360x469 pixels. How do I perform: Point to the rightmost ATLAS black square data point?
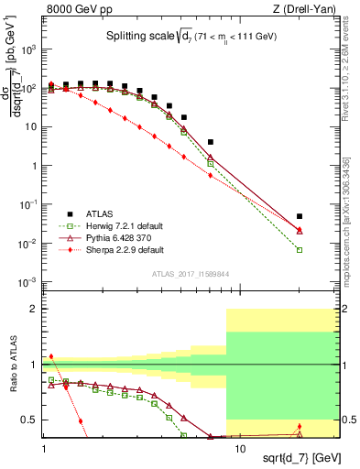(300, 216)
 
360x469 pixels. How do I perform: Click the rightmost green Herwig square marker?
(300, 250)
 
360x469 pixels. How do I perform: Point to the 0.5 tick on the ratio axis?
(33, 420)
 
